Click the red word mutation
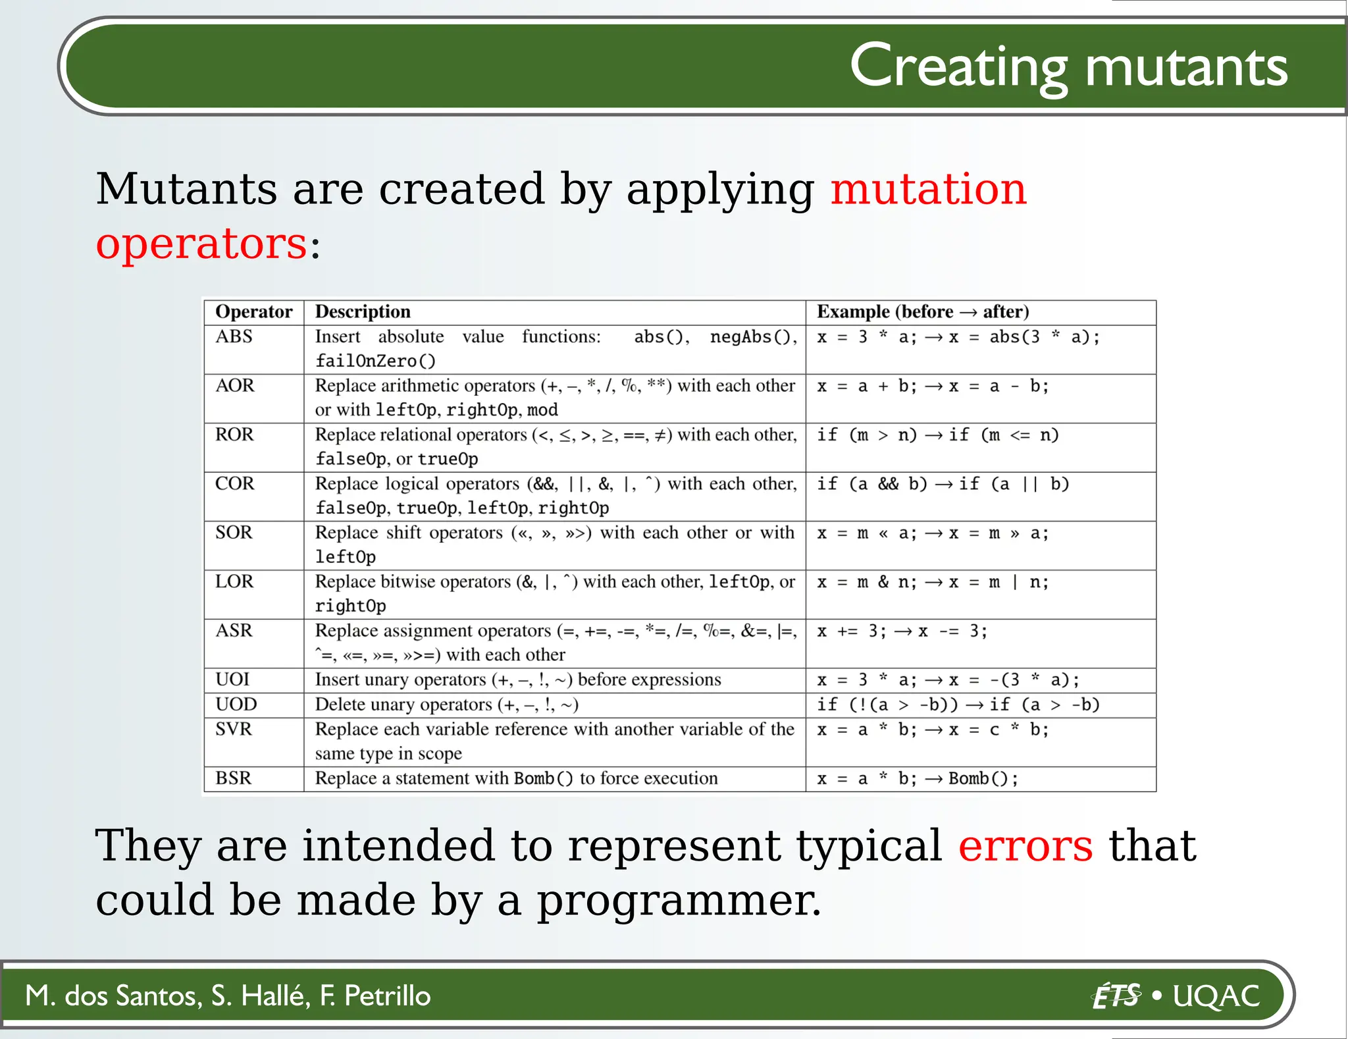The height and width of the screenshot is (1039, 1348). click(928, 190)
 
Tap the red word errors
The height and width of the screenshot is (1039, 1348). click(1025, 847)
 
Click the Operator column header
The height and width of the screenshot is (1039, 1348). click(253, 312)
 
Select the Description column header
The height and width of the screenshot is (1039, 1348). click(362, 312)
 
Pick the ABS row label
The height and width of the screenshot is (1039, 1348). click(234, 337)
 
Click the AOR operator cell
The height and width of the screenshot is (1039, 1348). click(234, 386)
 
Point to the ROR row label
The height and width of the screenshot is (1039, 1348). click(234, 435)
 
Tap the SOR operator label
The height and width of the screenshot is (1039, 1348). click(234, 533)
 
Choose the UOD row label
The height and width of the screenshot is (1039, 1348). click(236, 705)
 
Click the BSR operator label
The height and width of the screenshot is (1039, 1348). click(233, 778)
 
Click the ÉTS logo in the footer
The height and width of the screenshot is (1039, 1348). click(1116, 996)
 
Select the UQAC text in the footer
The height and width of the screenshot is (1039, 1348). click(1216, 996)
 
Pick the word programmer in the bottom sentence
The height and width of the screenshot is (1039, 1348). click(678, 902)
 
